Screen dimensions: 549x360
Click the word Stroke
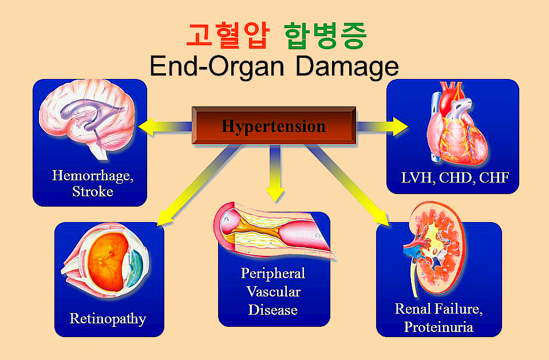tap(93, 191)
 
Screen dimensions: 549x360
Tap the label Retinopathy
tap(108, 318)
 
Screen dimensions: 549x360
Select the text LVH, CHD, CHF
tap(455, 177)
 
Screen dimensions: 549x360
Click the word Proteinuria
tap(438, 327)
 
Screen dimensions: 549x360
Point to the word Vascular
tap(274, 292)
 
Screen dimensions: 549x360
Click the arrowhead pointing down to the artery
tap(275, 193)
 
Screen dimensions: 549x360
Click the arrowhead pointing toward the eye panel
tap(166, 217)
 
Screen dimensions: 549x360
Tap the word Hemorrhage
tap(93, 175)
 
